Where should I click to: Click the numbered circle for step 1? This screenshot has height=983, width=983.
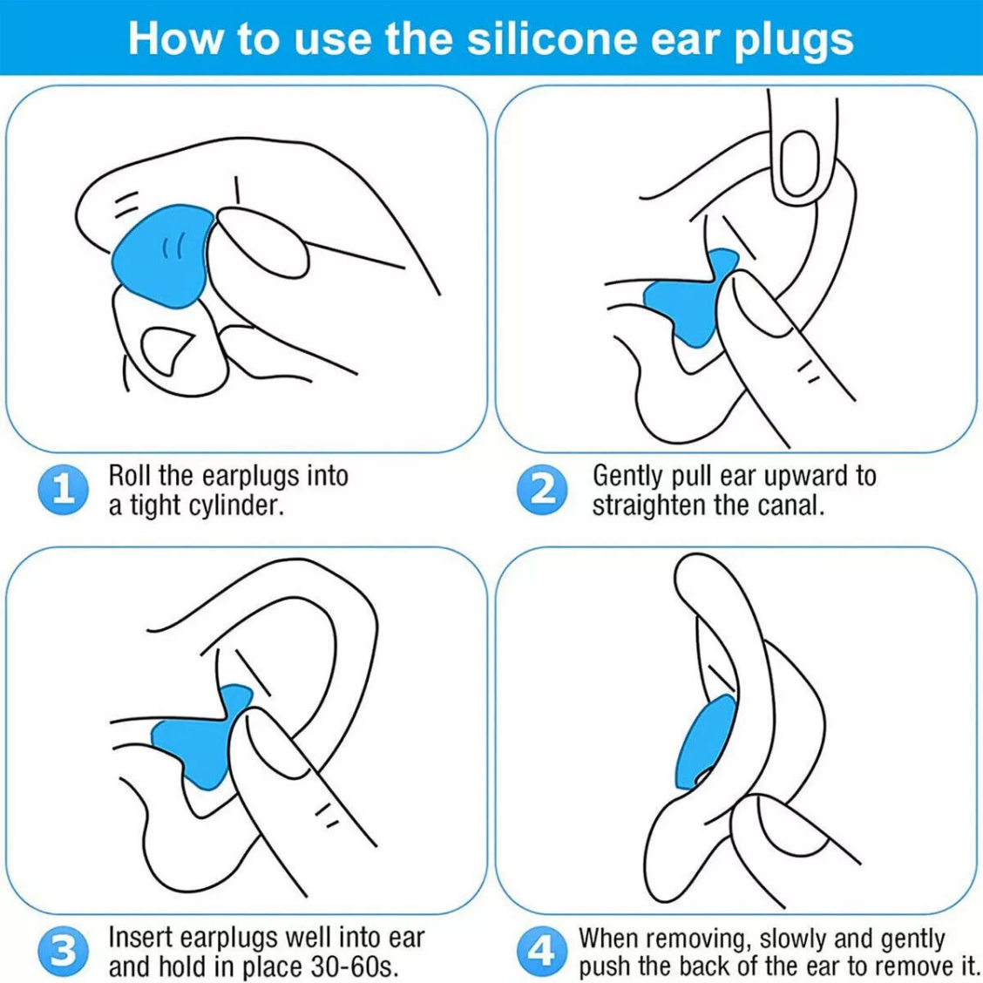coord(63,490)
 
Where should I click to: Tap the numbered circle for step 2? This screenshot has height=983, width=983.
coord(542,490)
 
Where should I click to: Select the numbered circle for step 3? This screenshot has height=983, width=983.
coord(63,951)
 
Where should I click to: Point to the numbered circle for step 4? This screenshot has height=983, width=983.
coord(542,951)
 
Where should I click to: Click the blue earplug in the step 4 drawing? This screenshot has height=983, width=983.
coord(706,742)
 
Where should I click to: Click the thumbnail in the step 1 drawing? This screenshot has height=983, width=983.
coord(262,242)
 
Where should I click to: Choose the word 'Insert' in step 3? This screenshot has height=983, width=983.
coord(139,938)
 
